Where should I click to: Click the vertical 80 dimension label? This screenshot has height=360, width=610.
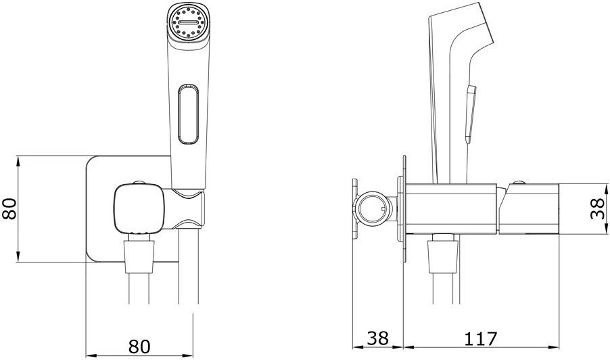coord(9,208)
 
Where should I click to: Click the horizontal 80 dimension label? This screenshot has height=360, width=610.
coord(139,336)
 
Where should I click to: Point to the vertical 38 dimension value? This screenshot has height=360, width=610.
coord(598,208)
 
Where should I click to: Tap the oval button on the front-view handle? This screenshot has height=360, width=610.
coord(188,114)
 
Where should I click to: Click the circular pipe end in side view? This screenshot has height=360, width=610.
coord(373,208)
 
